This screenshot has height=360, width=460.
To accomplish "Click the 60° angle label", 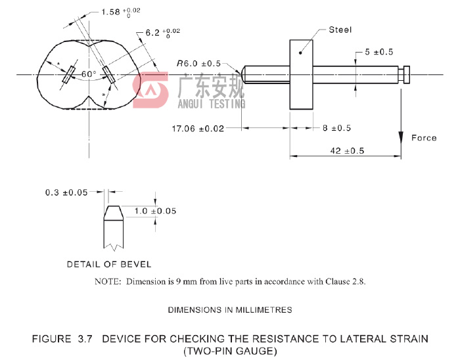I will point(89,74).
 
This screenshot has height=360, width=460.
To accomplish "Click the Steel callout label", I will point(340,30).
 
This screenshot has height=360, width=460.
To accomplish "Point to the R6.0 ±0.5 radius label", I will point(198,64).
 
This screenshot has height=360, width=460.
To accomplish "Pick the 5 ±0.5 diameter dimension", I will point(379,52).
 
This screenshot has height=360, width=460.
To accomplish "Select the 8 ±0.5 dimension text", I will point(336,128).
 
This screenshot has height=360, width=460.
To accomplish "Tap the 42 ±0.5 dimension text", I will point(347,150).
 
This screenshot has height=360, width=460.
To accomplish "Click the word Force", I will point(424,138).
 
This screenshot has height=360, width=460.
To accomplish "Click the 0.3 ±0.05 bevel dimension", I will point(67,192).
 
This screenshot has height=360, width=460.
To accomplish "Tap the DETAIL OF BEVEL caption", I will point(109,264).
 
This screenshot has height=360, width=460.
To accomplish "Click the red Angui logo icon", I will point(150,91).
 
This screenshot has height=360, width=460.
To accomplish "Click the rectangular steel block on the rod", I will point(302,74).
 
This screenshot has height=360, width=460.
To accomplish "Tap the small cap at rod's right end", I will point(407,74).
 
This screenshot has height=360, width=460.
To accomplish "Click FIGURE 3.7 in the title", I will point(60,338).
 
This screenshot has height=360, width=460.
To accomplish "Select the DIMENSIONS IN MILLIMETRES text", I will point(230,309).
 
